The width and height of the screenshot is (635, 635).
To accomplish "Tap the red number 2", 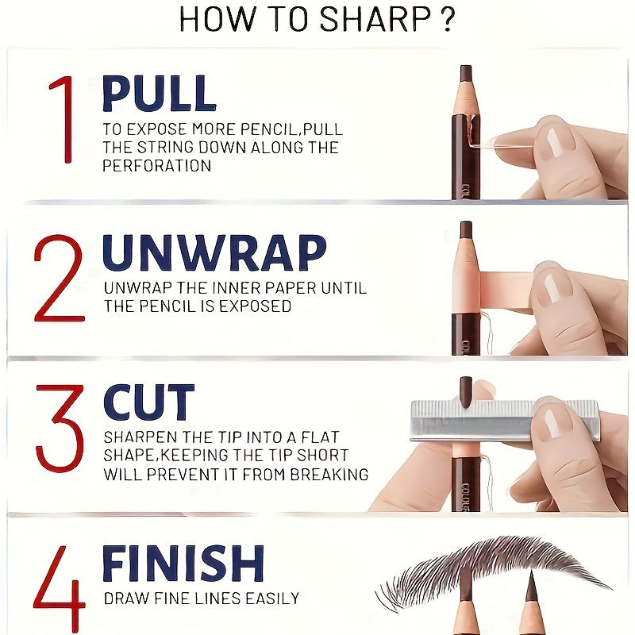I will coord(59,278).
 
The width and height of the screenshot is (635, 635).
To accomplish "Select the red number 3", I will coord(60,429).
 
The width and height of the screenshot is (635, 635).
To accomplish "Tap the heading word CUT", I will coord(148,402).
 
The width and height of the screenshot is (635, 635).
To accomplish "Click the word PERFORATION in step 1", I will coord(156,166).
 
